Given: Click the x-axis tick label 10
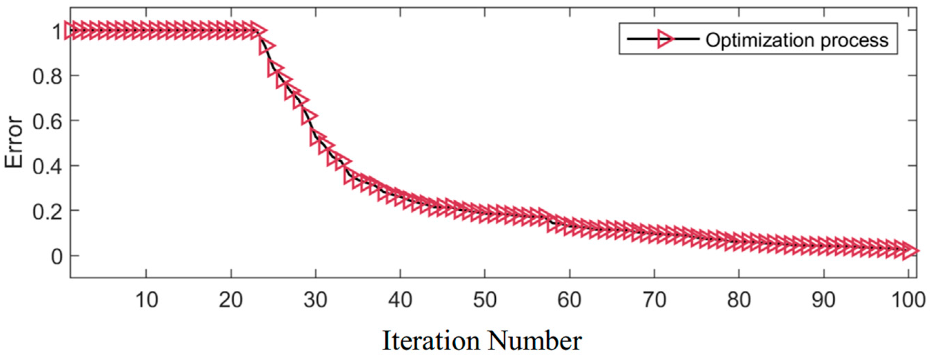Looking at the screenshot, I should tap(147, 300).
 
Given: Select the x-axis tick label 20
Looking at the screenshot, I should tap(231, 300).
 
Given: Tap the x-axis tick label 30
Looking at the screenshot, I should tap(316, 300).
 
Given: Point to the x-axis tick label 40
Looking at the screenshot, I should tap(400, 300).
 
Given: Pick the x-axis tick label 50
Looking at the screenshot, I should tap(485, 300).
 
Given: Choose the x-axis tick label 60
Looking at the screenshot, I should tap(569, 300).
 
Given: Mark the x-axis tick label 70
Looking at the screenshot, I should tap(654, 300).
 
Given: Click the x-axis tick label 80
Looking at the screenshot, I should tap(739, 300).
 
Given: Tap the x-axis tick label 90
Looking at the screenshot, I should tap(824, 300).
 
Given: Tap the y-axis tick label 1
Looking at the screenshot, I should tap(57, 32).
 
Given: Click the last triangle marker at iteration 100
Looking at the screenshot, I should tap(909, 251).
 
